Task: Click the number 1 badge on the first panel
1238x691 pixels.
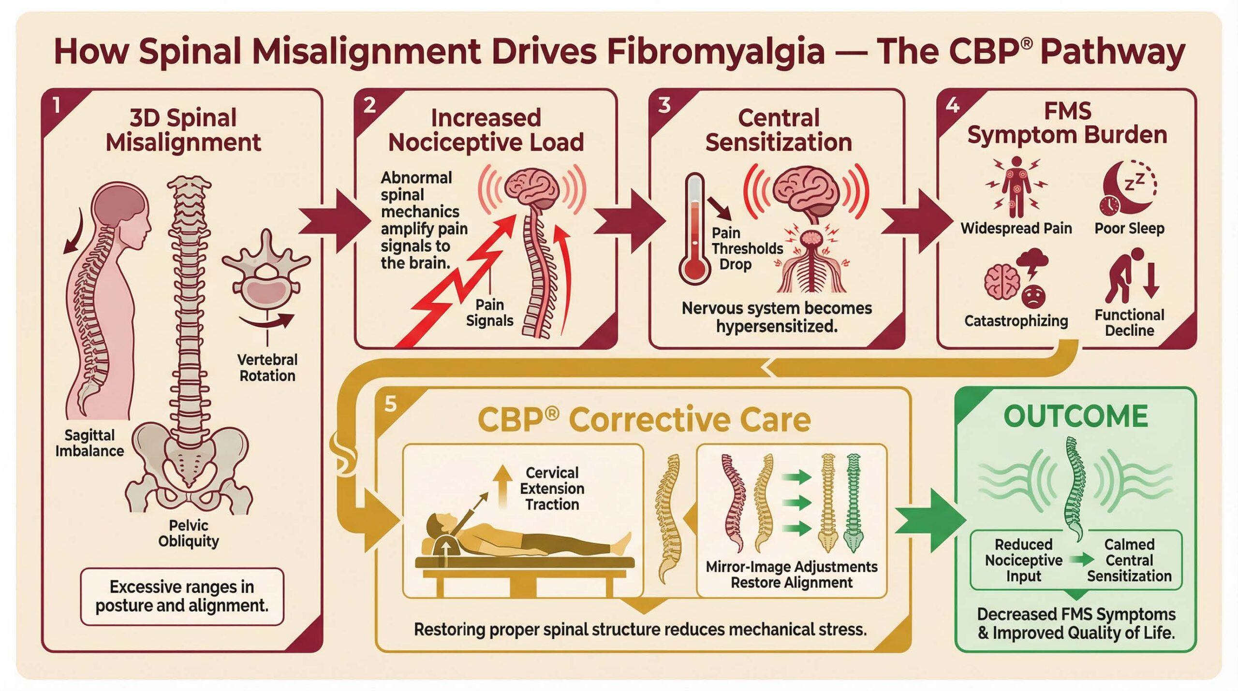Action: click(57, 105)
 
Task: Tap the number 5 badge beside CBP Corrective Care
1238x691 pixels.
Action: click(390, 403)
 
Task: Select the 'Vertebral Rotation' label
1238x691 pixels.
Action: click(267, 368)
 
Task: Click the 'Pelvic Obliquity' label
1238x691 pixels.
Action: click(189, 533)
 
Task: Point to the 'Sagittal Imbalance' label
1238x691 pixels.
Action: click(89, 443)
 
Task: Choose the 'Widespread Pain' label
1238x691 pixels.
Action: click(1016, 229)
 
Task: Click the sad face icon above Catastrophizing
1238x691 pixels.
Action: click(1033, 296)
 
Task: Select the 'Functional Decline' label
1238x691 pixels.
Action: click(1129, 323)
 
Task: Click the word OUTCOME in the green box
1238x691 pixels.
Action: click(1076, 417)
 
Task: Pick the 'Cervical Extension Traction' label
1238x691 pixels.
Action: click(552, 489)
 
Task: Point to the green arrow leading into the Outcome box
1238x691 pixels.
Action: click(928, 520)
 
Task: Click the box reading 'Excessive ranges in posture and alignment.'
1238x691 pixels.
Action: click(182, 596)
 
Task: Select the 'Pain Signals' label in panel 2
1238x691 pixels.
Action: click(489, 313)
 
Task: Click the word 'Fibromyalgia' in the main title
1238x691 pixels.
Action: click(715, 52)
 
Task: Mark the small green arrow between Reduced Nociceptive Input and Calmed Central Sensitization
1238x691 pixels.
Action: click(1082, 560)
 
